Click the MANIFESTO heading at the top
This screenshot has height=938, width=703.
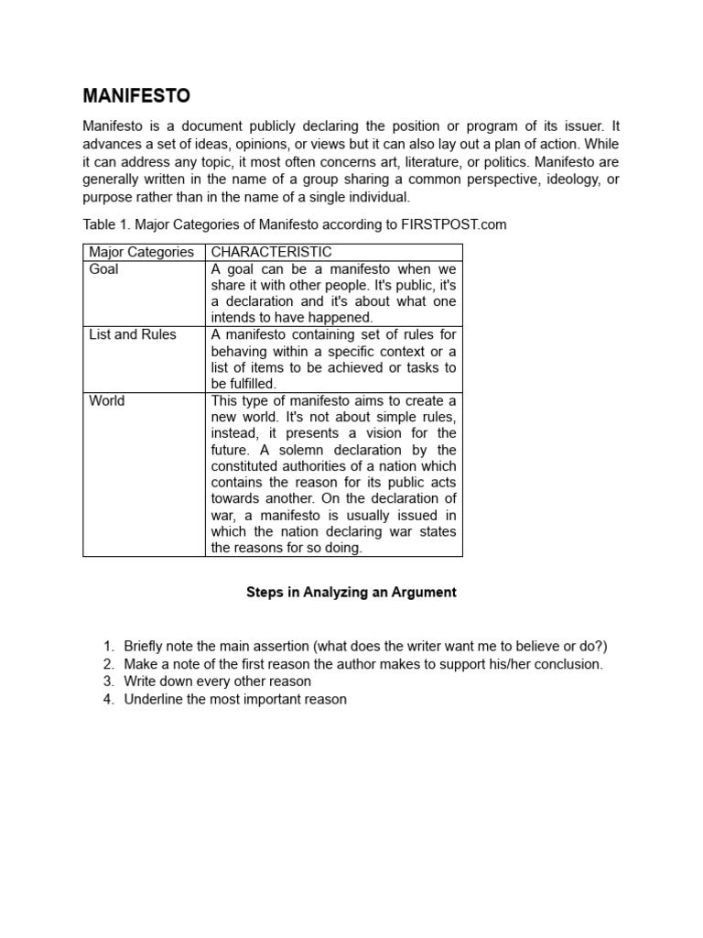click(x=137, y=95)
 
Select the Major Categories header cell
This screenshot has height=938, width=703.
click(x=141, y=252)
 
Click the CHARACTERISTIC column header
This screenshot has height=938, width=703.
click(x=272, y=252)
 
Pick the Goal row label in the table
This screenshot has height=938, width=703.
click(x=104, y=269)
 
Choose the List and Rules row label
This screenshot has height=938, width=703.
click(x=133, y=334)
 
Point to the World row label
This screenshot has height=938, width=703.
click(x=107, y=400)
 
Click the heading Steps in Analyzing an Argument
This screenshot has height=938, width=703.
click(x=351, y=593)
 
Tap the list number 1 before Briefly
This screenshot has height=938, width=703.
click(x=107, y=646)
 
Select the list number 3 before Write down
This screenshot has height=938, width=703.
click(x=107, y=682)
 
